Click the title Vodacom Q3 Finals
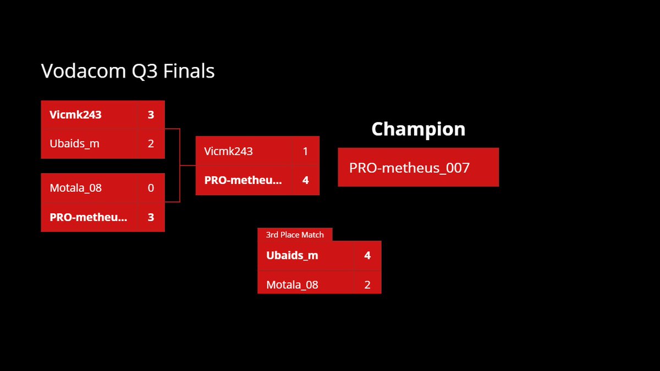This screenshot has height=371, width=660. coord(128,71)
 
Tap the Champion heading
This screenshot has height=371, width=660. coord(418,129)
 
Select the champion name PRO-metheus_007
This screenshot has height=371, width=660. coord(409,168)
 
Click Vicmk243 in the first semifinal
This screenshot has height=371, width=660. coord(75,115)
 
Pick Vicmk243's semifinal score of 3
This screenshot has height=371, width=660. coord(151,115)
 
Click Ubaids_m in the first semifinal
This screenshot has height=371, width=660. coord(74,144)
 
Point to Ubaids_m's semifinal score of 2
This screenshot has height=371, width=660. coord(151,144)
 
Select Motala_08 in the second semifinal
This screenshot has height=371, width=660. coord(75,188)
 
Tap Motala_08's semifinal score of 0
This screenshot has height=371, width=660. coord(151,188)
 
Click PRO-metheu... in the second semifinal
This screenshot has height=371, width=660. coord(88,217)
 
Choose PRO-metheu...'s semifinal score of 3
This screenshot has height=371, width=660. coord(151,217)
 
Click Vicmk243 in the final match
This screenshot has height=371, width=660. coord(228,151)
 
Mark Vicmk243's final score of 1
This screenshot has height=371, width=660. coord(305,151)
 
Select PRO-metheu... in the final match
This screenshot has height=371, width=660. coord(243,180)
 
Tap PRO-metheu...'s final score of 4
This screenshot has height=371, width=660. coord(305,180)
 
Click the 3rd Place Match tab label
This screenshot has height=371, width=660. coord(295,235)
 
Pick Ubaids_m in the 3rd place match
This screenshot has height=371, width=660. coord(292,256)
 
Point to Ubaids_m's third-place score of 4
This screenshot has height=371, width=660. coord(367,256)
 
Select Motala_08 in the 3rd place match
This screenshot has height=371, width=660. coord(292,285)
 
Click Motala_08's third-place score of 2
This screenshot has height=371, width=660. coord(367,285)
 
